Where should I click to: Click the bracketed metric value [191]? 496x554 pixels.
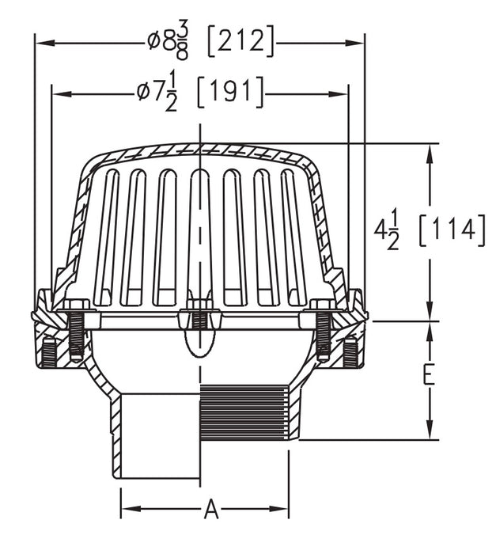(229, 93)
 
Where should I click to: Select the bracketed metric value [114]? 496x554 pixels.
(449, 230)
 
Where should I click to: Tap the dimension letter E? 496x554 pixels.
(428, 375)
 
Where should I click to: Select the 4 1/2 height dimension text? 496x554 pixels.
(387, 230)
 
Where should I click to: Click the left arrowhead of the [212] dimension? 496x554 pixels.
(40, 43)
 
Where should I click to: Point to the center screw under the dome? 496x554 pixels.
(199, 317)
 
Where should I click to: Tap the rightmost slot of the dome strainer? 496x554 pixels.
(293, 237)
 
